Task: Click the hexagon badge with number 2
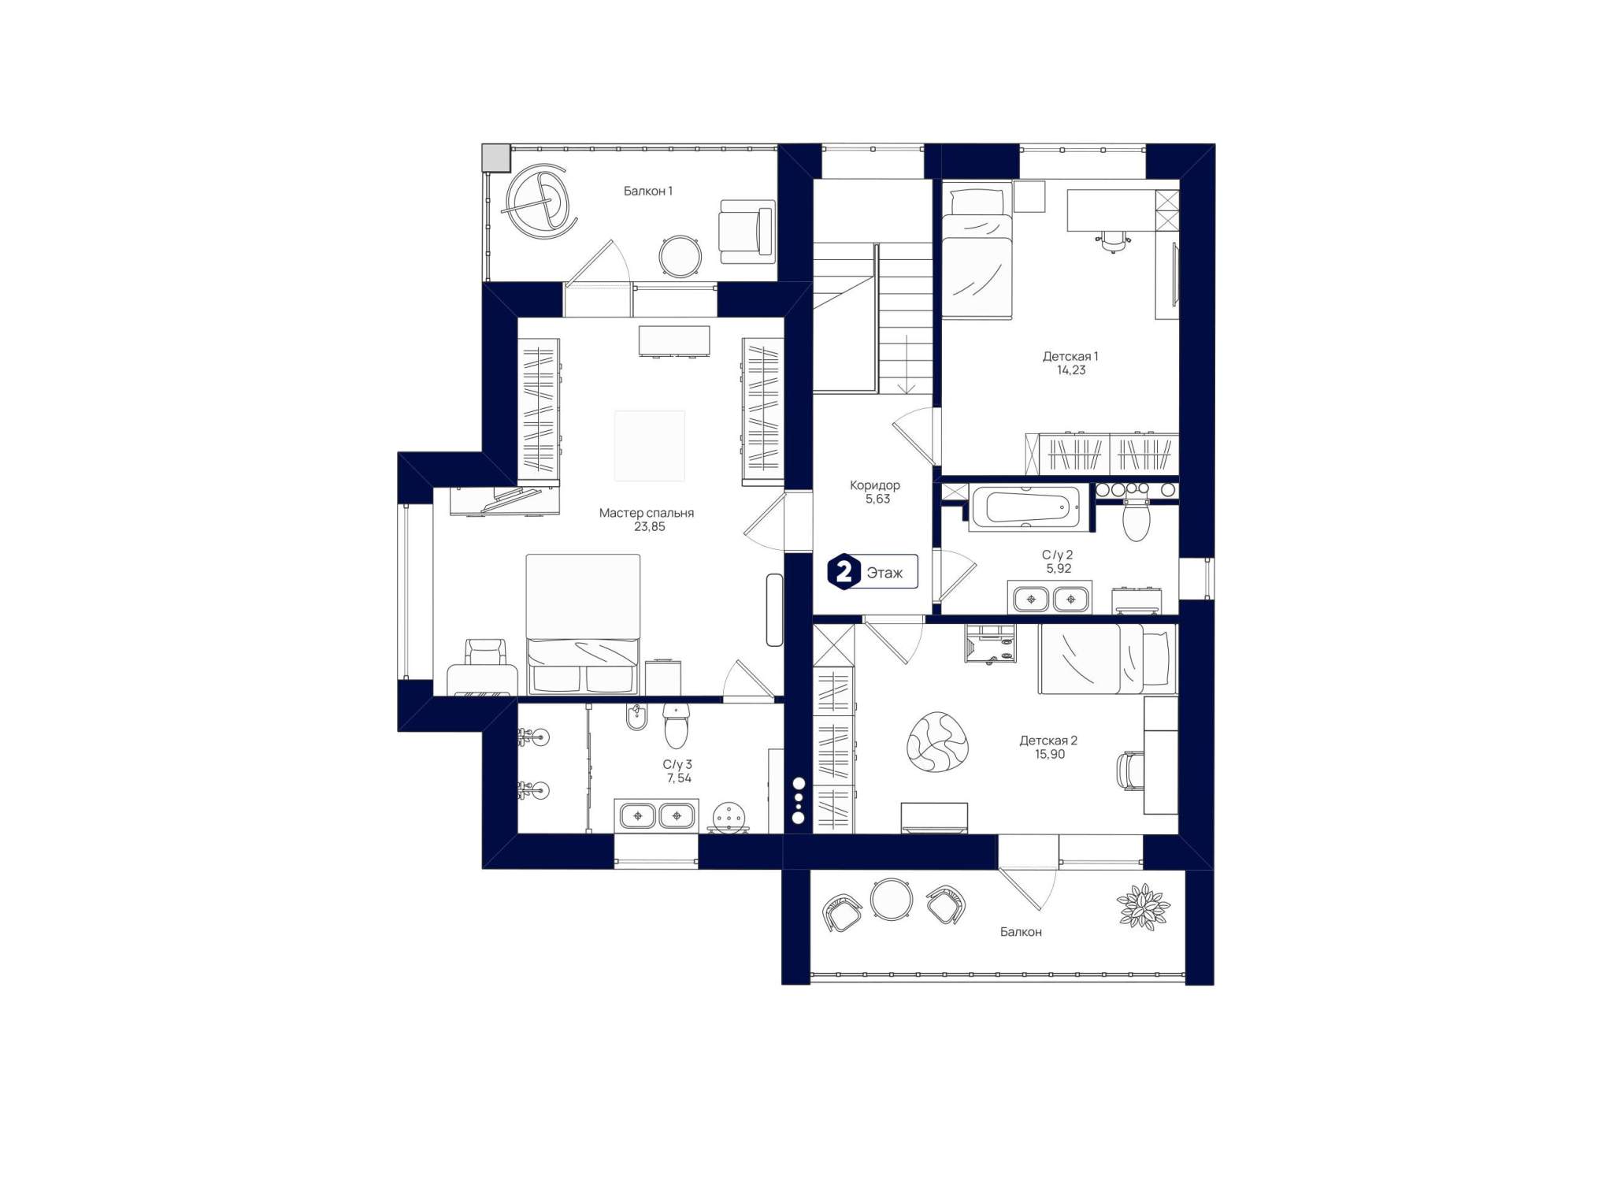844,571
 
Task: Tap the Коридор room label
874,485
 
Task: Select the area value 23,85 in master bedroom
649,527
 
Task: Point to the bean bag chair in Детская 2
936,741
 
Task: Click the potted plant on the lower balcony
1144,907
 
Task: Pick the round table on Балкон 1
679,256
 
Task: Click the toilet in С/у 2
1135,519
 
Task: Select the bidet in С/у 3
636,717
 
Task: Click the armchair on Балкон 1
746,232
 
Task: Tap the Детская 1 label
1070,356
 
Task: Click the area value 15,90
1050,754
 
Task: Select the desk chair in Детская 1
1113,240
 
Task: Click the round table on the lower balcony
892,899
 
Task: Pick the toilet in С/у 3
676,726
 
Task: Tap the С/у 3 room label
677,764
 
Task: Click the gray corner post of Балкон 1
496,158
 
